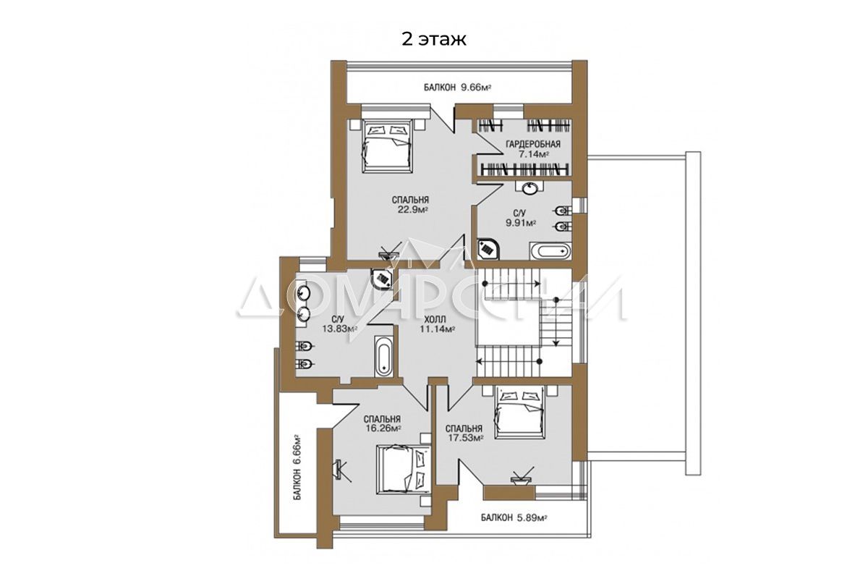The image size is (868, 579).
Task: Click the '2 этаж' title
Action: [x=433, y=40]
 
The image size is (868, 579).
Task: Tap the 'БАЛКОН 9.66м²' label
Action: [x=457, y=88]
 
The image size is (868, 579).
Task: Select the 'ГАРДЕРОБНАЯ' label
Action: [x=533, y=144]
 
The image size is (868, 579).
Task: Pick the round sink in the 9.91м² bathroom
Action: [x=529, y=189]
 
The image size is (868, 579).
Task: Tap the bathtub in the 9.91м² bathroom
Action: [x=550, y=251]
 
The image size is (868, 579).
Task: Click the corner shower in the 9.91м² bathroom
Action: [x=487, y=249]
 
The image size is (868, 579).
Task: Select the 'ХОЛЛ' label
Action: [x=435, y=320]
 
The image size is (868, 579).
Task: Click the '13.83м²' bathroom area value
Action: [x=339, y=329]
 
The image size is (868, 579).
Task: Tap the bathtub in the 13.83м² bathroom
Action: [x=383, y=356]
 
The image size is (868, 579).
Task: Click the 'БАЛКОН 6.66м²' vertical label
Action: [x=297, y=468]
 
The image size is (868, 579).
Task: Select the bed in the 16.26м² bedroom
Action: [x=404, y=469]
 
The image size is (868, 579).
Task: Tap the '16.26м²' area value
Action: [x=383, y=428]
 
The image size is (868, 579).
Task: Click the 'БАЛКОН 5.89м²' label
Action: [x=514, y=517]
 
